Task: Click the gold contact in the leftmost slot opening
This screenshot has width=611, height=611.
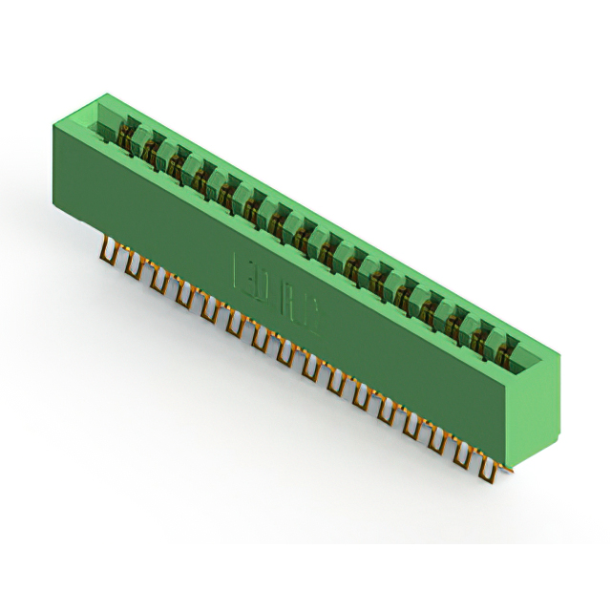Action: point(125,141)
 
